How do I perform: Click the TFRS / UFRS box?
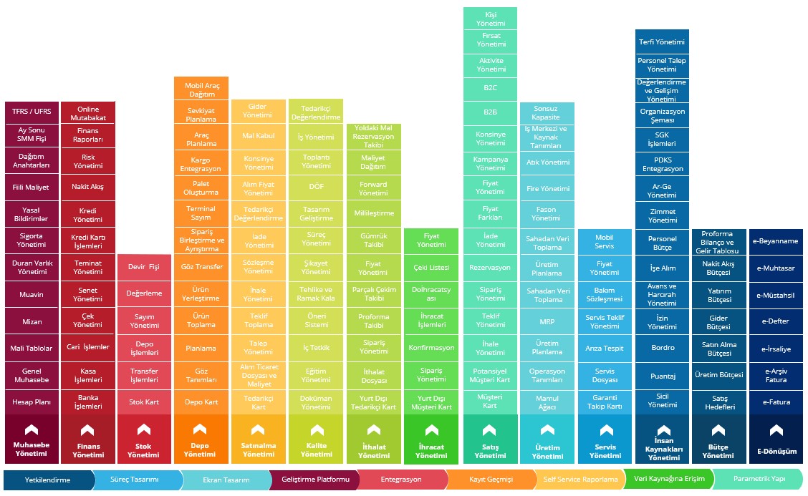(31, 112)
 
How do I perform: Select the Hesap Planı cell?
(31, 402)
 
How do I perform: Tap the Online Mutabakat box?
(88, 113)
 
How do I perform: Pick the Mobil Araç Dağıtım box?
(201, 89)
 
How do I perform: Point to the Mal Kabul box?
(259, 135)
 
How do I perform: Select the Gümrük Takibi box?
(373, 240)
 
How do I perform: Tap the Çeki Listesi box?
(431, 267)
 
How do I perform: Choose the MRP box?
(547, 322)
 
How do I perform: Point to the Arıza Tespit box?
(605, 349)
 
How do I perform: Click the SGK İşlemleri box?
(662, 139)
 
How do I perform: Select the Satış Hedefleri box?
(719, 402)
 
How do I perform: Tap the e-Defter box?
(776, 321)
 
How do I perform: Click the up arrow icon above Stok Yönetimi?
(144, 430)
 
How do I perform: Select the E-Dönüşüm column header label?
(776, 452)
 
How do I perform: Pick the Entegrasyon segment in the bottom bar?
(401, 479)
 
